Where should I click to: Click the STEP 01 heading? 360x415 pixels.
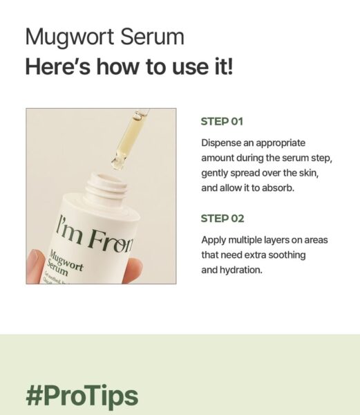[x=222, y=122]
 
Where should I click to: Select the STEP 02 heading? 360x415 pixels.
[x=222, y=219]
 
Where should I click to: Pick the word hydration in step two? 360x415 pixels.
[x=241, y=270]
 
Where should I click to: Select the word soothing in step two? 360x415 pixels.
[x=285, y=255]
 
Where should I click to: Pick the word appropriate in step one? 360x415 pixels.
[x=276, y=143]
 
